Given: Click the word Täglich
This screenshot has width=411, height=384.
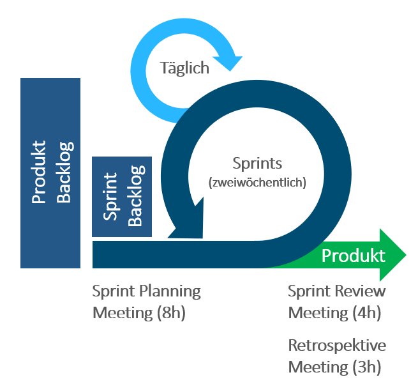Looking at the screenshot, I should click(184, 68).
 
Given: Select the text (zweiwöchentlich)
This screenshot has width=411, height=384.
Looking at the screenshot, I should click(257, 182).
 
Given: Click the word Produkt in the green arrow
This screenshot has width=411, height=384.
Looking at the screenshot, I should click(353, 256).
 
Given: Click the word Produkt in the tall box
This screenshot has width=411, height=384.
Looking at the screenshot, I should click(39, 173).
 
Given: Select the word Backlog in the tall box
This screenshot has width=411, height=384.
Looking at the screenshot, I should click(64, 173).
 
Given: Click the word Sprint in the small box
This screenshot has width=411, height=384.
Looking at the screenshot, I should click(110, 196).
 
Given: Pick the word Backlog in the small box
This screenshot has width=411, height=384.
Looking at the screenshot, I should click(135, 196).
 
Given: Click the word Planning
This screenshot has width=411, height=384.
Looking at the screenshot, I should click(170, 292).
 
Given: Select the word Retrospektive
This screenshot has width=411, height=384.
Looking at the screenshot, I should click(337, 346).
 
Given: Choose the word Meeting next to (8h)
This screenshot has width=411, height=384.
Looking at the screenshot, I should click(122, 313).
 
